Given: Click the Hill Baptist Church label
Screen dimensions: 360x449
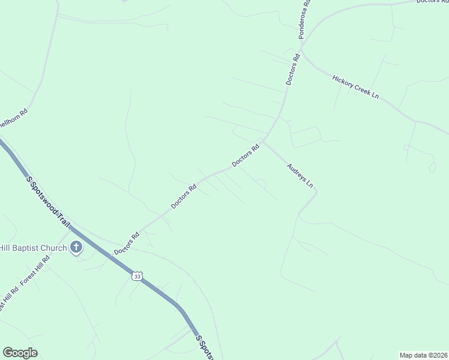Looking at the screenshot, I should click(x=33, y=247).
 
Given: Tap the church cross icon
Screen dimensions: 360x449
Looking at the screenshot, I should click(x=76, y=247).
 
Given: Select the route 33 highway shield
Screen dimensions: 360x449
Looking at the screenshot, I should click(x=137, y=275).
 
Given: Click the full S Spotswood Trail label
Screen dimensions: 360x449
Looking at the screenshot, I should click(x=49, y=201).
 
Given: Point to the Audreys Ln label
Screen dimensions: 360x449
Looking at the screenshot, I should click(x=300, y=176).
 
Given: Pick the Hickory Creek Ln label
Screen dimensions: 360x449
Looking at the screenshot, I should click(x=356, y=88).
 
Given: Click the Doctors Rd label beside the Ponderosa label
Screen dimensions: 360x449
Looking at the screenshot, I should click(x=292, y=69).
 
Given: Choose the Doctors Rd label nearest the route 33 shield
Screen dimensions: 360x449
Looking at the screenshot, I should click(x=127, y=242).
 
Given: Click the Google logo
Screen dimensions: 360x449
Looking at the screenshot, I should click(x=20, y=353).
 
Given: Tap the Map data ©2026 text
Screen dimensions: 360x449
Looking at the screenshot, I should click(x=423, y=355).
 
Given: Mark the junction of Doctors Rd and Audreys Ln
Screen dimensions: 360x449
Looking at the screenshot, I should click(x=263, y=142).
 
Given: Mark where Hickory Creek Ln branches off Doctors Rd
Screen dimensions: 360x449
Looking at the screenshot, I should click(x=302, y=53).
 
